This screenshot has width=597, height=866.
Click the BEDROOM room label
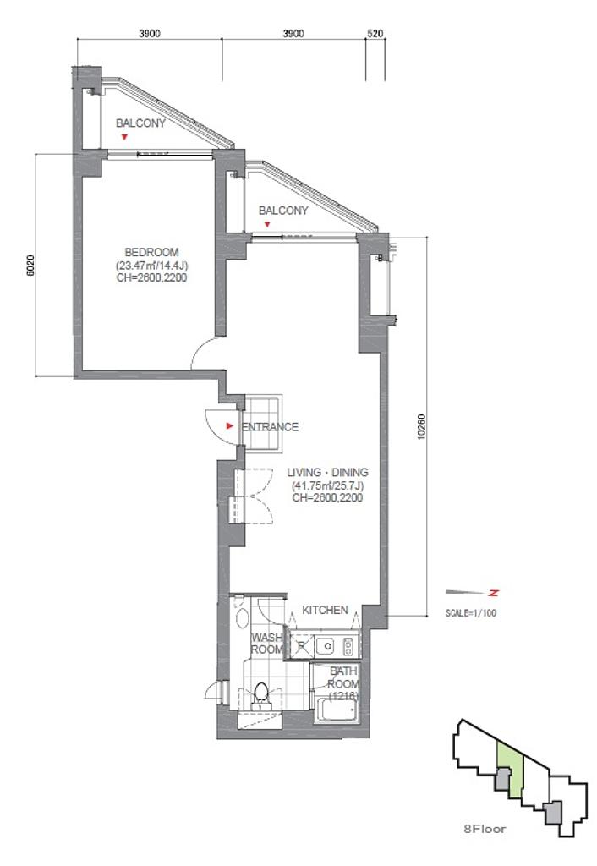coord(151,252)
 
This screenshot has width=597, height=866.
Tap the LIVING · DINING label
coord(327,473)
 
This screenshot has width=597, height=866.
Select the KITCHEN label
coord(325,611)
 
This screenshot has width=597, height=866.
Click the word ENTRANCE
coord(270,427)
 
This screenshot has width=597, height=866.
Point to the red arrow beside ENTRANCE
coord(230,426)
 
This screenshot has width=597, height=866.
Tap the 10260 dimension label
coord(423,426)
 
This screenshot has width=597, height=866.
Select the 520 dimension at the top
coord(375,34)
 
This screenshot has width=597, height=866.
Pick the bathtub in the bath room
coord(337,710)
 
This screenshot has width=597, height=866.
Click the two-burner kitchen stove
coord(349,646)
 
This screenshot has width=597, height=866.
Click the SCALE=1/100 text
coord(470,613)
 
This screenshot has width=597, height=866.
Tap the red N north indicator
coord(493,593)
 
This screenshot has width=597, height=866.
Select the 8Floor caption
coord(485,829)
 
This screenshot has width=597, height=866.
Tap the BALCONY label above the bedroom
coord(140,123)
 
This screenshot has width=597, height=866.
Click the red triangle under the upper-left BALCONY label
coord(125,136)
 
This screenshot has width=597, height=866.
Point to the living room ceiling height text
coord(327,497)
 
